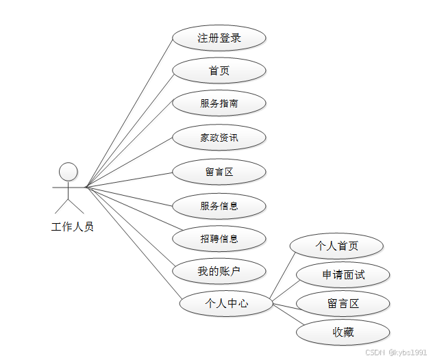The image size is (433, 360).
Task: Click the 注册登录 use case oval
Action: (219, 38)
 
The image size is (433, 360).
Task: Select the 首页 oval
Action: (219, 70)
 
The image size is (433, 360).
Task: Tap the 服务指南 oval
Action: (219, 103)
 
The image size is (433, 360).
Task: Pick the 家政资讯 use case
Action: (219, 138)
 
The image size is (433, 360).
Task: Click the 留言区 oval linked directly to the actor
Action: (219, 171)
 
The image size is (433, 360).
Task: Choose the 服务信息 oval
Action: (219, 205)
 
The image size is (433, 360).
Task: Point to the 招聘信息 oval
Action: (219, 239)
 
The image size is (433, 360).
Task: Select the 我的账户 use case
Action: (219, 272)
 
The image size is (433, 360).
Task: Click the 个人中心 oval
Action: (226, 303)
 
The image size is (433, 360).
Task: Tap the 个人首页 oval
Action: (336, 246)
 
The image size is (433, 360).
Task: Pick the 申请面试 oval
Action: (343, 275)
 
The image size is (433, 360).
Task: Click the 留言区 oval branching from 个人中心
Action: (343, 303)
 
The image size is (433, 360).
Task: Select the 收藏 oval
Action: (343, 333)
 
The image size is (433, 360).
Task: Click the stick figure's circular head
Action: (68, 171)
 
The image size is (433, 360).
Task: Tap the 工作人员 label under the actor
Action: (73, 227)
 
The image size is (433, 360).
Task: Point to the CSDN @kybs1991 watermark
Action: (396, 352)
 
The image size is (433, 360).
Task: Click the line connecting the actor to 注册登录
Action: (129, 112)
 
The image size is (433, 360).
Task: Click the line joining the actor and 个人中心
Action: (133, 244)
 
